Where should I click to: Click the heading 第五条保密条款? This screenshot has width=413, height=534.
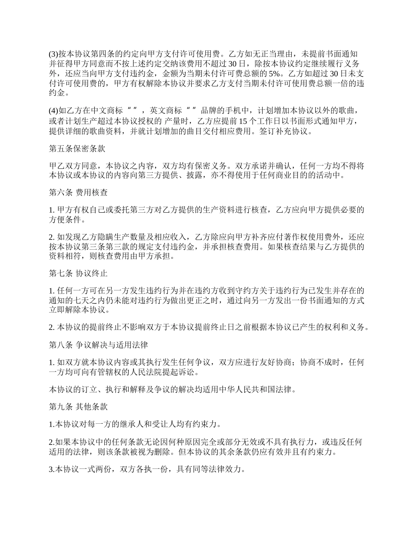click(x=77, y=148)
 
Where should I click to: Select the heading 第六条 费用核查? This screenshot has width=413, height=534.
click(x=78, y=191)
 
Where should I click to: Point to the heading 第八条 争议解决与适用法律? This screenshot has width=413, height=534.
click(x=98, y=346)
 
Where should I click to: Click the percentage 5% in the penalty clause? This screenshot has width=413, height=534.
click(x=272, y=73)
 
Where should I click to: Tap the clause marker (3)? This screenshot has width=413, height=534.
click(x=53, y=54)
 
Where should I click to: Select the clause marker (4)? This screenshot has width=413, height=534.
click(x=53, y=111)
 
